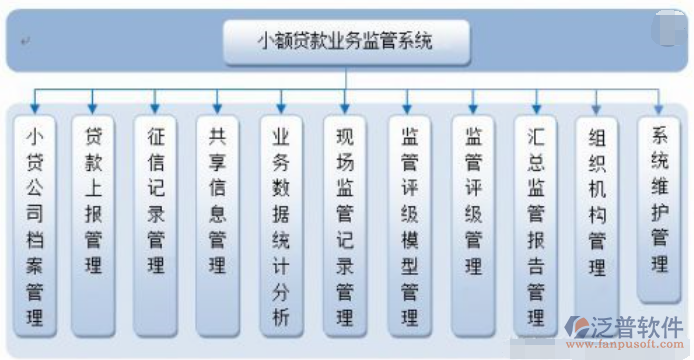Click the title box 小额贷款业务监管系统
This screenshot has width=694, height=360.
346,41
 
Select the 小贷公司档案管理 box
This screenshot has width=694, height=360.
35,225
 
